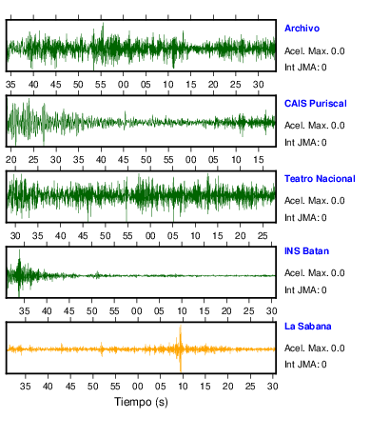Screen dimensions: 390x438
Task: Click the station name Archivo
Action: [302, 29]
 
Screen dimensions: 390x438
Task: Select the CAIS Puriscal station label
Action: [316, 104]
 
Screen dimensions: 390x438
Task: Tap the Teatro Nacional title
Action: [320, 179]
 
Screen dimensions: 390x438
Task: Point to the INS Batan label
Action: [306, 251]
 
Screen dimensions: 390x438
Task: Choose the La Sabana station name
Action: [308, 327]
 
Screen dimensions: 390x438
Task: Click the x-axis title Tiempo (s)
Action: [141, 402]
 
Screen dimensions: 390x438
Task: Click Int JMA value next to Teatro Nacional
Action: [323, 218]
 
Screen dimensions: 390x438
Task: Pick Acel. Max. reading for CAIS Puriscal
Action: [338, 126]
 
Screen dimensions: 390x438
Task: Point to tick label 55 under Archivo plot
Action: [101, 85]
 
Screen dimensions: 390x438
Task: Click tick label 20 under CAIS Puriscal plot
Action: [11, 160]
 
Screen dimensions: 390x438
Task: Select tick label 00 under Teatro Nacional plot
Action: [150, 236]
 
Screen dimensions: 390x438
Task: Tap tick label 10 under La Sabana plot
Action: [183, 387]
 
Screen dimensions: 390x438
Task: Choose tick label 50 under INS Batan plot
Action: [92, 311]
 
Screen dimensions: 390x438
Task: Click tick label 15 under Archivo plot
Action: [191, 85]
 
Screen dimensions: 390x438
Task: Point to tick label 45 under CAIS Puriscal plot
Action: [124, 160]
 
